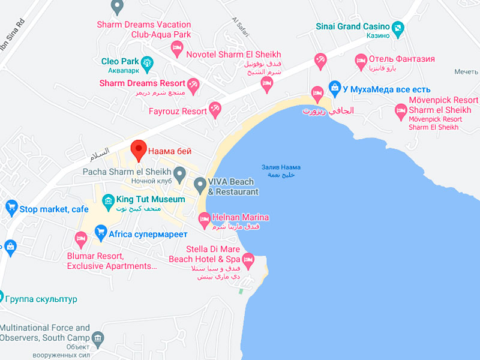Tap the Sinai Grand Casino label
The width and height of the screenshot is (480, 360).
click(x=354, y=26)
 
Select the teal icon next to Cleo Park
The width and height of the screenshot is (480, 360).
click(x=146, y=62)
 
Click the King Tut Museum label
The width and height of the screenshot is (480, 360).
click(x=151, y=199)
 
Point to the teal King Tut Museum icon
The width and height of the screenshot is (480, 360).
click(x=108, y=200)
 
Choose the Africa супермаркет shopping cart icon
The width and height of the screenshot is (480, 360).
click(x=100, y=232)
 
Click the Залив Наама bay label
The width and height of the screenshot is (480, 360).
click(x=281, y=168)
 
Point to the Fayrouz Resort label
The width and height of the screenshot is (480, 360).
click(x=178, y=112)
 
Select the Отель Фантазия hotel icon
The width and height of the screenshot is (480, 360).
click(x=361, y=60)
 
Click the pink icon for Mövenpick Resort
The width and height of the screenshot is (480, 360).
click(x=401, y=110)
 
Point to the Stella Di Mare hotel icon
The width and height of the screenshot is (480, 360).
click(x=247, y=260)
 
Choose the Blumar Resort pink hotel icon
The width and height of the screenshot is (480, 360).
click(x=81, y=238)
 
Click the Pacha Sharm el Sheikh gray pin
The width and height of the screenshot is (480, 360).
click(x=179, y=172)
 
